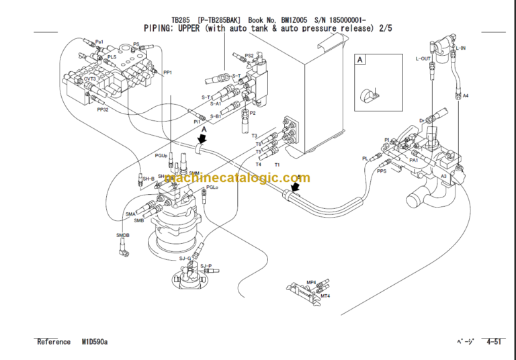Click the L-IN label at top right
(462, 48)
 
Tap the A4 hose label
(465, 95)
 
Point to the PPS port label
(382, 171)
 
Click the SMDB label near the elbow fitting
(123, 235)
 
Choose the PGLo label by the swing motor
(213, 188)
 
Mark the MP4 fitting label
(311, 283)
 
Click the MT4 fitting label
(325, 296)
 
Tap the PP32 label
(103, 109)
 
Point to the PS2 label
(249, 56)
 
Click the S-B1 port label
(215, 116)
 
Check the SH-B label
(148, 179)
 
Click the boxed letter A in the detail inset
(360, 60)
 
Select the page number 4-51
(493, 342)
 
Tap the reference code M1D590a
(95, 342)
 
